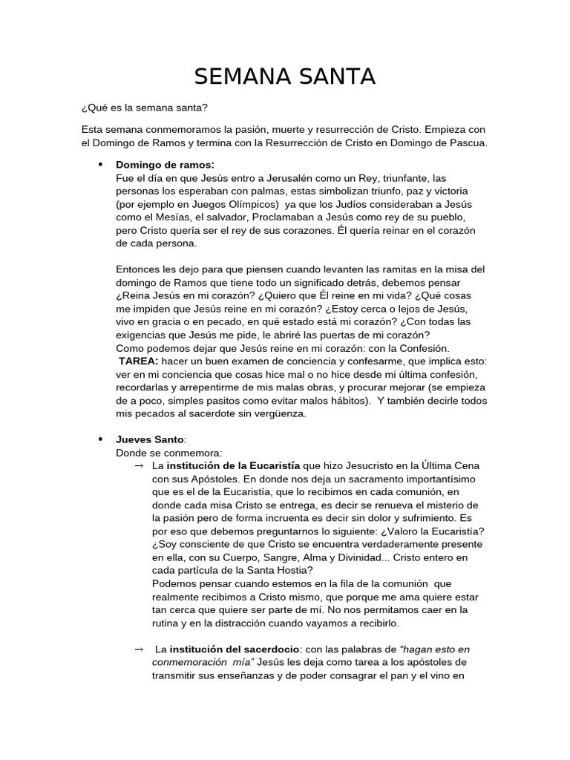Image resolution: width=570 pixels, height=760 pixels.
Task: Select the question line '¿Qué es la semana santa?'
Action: pyautogui.click(x=145, y=108)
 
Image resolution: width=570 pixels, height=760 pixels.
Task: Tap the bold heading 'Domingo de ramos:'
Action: pyautogui.click(x=166, y=164)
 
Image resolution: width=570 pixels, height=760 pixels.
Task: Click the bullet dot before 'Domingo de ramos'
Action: pyautogui.click(x=99, y=164)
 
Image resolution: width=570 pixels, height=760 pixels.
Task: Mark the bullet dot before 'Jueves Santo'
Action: pyautogui.click(x=99, y=439)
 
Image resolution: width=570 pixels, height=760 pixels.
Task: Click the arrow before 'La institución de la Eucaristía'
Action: pyautogui.click(x=138, y=465)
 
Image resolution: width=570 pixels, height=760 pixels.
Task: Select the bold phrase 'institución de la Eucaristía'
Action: pyautogui.click(x=233, y=465)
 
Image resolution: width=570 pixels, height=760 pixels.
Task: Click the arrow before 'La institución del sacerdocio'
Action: pyautogui.click(x=138, y=649)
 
